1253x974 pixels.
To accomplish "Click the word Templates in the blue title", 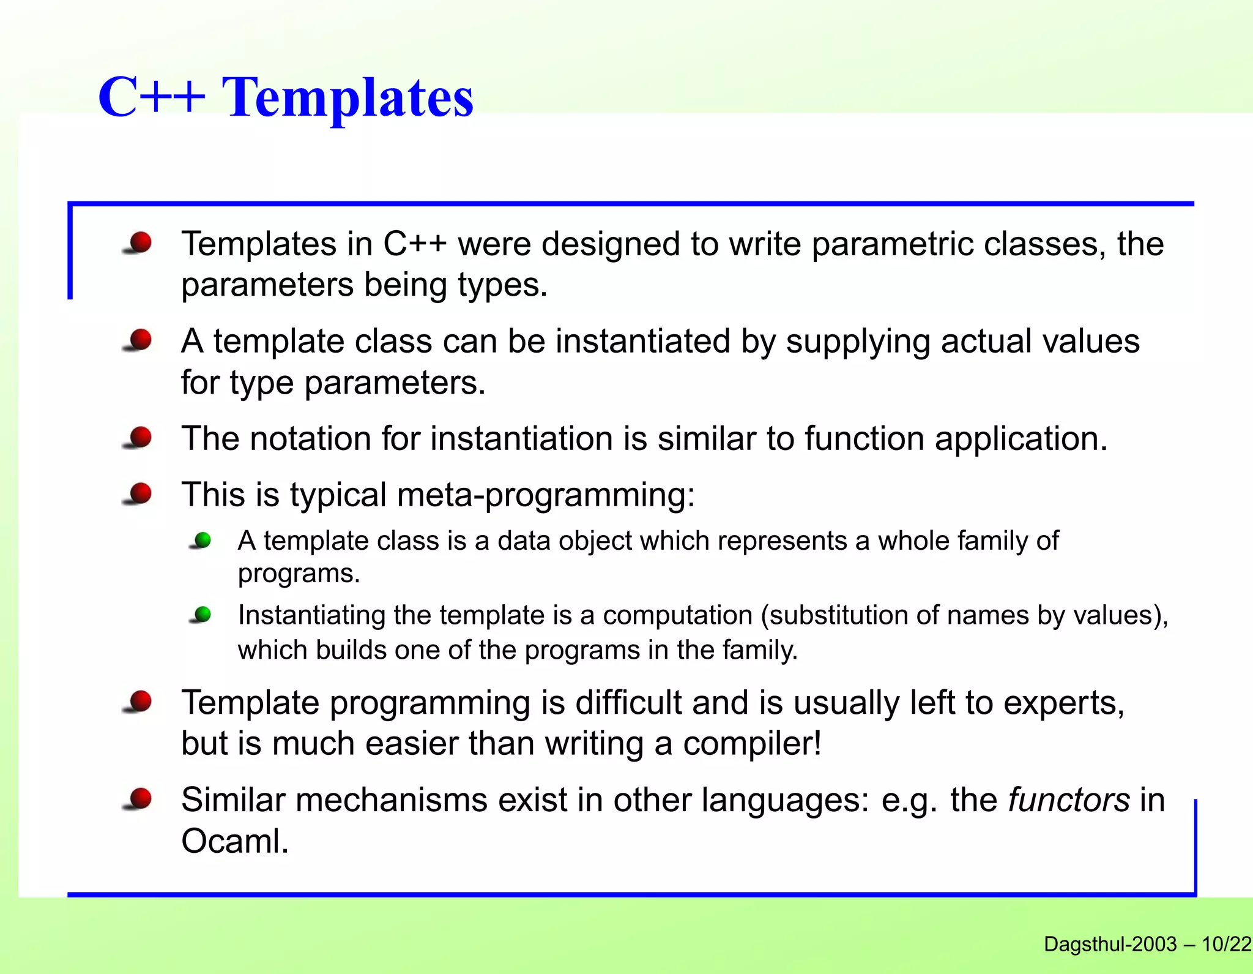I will coord(348,98).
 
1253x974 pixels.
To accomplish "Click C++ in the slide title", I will coord(151,98).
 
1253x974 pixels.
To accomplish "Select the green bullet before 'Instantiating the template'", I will coord(202,614).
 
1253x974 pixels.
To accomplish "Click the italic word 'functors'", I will coord(1068,800).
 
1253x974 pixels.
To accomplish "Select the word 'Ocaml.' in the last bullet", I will coord(235,841).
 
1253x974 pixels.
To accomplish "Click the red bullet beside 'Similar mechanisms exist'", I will coord(140,798).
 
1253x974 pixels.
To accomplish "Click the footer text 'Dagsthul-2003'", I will coord(1110,945).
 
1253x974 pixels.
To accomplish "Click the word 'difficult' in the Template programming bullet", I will coord(628,703).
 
